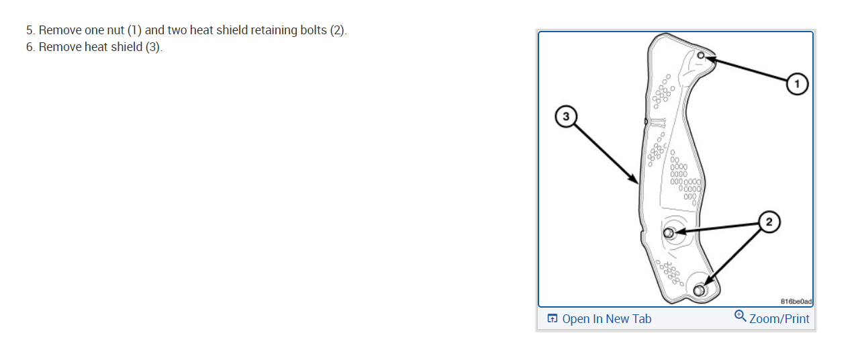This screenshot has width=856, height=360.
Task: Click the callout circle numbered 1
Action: (797, 84)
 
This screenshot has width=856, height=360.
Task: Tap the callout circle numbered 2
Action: (769, 222)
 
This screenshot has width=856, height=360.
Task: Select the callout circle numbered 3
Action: (566, 117)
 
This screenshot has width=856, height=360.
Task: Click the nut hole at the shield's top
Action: (701, 55)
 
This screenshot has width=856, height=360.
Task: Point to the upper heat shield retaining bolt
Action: (669, 233)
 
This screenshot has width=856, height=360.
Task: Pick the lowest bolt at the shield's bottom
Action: (699, 290)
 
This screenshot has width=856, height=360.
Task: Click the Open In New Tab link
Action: (606, 319)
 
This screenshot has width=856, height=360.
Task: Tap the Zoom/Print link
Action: (779, 319)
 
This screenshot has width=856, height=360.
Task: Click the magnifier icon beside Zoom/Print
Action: (741, 316)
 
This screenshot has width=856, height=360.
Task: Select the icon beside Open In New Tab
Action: (552, 319)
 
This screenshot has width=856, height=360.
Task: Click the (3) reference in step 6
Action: (153, 47)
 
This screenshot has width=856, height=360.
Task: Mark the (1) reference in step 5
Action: (134, 31)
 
